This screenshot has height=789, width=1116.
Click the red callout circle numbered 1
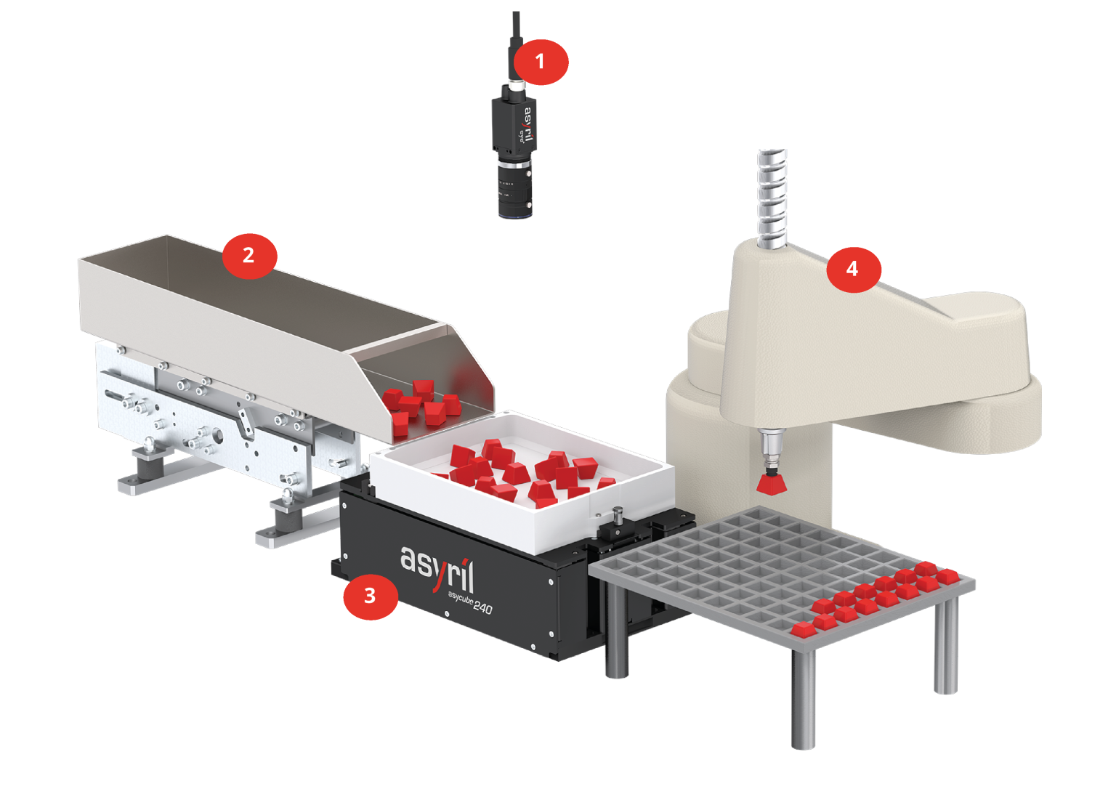click(x=540, y=62)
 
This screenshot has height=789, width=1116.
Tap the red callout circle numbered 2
click(x=248, y=255)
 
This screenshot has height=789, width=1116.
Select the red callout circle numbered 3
click(x=370, y=596)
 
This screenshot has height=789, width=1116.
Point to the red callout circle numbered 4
click(x=852, y=269)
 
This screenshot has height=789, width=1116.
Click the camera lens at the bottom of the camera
click(x=515, y=196)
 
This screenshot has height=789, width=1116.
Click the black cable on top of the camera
click(x=515, y=36)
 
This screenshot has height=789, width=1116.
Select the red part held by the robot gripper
click(x=773, y=482)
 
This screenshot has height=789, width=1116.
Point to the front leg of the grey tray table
click(x=803, y=697)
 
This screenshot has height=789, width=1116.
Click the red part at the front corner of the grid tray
click(x=803, y=630)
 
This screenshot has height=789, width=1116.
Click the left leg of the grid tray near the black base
click(x=616, y=632)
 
